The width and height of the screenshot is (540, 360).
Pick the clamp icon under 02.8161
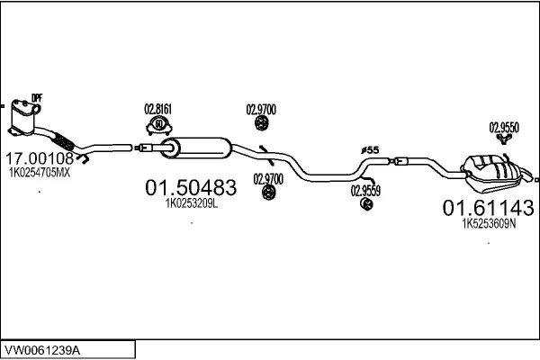pos(159,124)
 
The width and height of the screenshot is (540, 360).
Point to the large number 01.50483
pos(191,188)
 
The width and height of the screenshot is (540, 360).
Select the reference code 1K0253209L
pos(191,204)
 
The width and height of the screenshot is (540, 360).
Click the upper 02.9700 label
pos(261,110)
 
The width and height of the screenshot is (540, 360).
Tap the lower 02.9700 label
pos(267,177)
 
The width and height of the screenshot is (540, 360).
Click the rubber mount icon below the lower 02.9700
pos(267,193)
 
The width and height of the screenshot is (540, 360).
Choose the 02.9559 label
pos(365,190)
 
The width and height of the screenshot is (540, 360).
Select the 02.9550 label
pos(504,127)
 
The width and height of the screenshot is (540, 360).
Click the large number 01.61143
pos(488,208)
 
